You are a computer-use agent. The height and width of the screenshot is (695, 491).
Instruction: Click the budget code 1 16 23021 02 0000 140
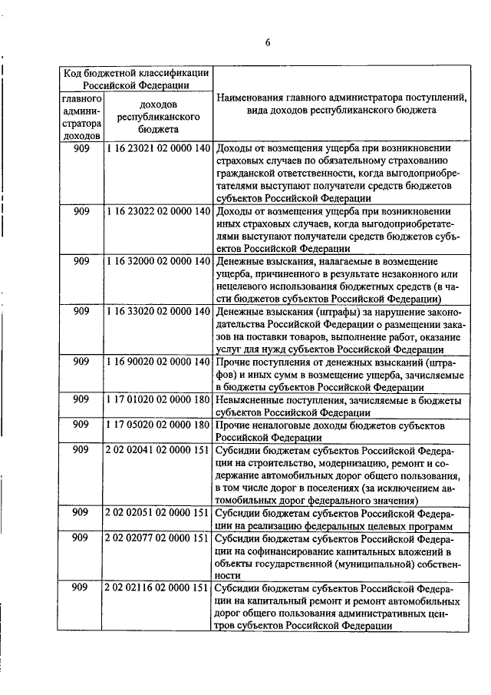158,147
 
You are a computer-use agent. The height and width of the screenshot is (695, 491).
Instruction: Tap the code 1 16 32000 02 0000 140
158,262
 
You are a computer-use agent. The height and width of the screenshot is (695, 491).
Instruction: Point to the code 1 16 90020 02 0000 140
158,362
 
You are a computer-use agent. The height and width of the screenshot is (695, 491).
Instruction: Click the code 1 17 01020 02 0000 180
158,400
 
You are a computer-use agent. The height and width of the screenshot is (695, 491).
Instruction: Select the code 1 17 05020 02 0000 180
158,425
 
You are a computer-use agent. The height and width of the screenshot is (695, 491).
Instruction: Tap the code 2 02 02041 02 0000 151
158,450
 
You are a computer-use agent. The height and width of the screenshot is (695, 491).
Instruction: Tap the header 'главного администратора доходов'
81,117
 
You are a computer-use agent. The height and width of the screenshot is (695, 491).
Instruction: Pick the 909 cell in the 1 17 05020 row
81,425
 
